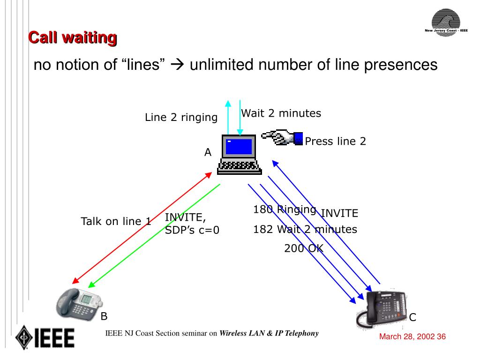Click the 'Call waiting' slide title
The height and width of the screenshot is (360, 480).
tap(72, 37)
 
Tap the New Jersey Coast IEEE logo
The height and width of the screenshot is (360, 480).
tap(446, 24)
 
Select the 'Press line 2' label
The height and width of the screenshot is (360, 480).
tap(335, 141)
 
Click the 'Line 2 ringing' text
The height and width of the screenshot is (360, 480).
tap(181, 118)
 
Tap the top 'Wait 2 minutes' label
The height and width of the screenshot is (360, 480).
tap(281, 113)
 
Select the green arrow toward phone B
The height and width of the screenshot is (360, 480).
tap(155, 234)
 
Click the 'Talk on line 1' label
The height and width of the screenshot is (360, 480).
tap(116, 221)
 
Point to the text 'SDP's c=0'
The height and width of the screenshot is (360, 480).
tap(192, 230)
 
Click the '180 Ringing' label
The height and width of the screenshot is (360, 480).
tap(284, 210)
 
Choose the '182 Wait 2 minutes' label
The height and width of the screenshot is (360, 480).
tap(305, 229)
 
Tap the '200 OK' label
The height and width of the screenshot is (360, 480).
tap(303, 248)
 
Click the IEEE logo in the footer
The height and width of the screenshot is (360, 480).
tap(45, 337)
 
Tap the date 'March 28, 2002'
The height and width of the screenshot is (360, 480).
tap(406, 337)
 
